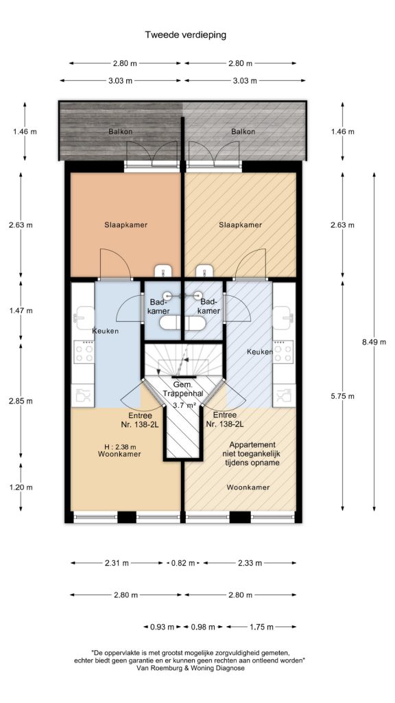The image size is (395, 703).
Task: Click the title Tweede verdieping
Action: click(185, 34)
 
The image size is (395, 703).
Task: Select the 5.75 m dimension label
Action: click(343, 396)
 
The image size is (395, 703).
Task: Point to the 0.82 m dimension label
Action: click(183, 563)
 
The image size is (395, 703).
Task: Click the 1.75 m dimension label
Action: click(261, 627)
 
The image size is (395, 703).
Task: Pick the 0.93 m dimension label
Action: click(162, 627)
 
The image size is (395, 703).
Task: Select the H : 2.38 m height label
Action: click(119, 446)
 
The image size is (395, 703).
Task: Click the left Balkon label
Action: click(121, 132)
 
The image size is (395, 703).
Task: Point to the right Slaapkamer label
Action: click(241, 224)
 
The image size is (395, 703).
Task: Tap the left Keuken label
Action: click(105, 331)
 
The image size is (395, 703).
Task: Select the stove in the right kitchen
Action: click(283, 351)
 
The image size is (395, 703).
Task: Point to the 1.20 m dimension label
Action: click(21, 487)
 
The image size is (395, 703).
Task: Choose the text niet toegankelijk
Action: click(252, 454)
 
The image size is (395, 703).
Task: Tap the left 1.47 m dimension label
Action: click(21, 310)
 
